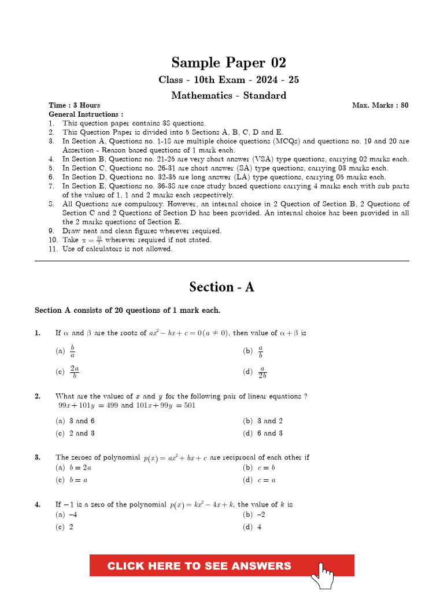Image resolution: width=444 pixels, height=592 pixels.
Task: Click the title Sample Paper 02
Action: [x=228, y=62]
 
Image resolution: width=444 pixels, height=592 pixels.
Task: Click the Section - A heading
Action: [x=221, y=287]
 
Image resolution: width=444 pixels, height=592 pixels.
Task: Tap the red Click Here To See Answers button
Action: [x=199, y=565]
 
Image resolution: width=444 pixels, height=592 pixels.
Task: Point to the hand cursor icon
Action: [x=323, y=575]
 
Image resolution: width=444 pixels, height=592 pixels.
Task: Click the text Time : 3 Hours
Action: [x=74, y=105]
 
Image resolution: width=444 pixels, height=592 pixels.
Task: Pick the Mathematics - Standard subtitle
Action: [x=228, y=95]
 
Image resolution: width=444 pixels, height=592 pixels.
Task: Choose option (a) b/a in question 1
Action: [x=65, y=351]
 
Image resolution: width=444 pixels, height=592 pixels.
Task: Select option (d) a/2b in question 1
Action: [x=256, y=372]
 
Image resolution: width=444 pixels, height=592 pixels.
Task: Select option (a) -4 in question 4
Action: [x=66, y=515]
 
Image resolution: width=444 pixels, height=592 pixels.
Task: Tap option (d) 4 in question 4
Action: [x=253, y=527]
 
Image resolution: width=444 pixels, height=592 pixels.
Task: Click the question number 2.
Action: [x=37, y=396]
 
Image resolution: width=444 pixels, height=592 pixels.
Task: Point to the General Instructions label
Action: [x=86, y=114]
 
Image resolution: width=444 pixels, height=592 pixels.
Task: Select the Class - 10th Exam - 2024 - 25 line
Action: [x=228, y=80]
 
